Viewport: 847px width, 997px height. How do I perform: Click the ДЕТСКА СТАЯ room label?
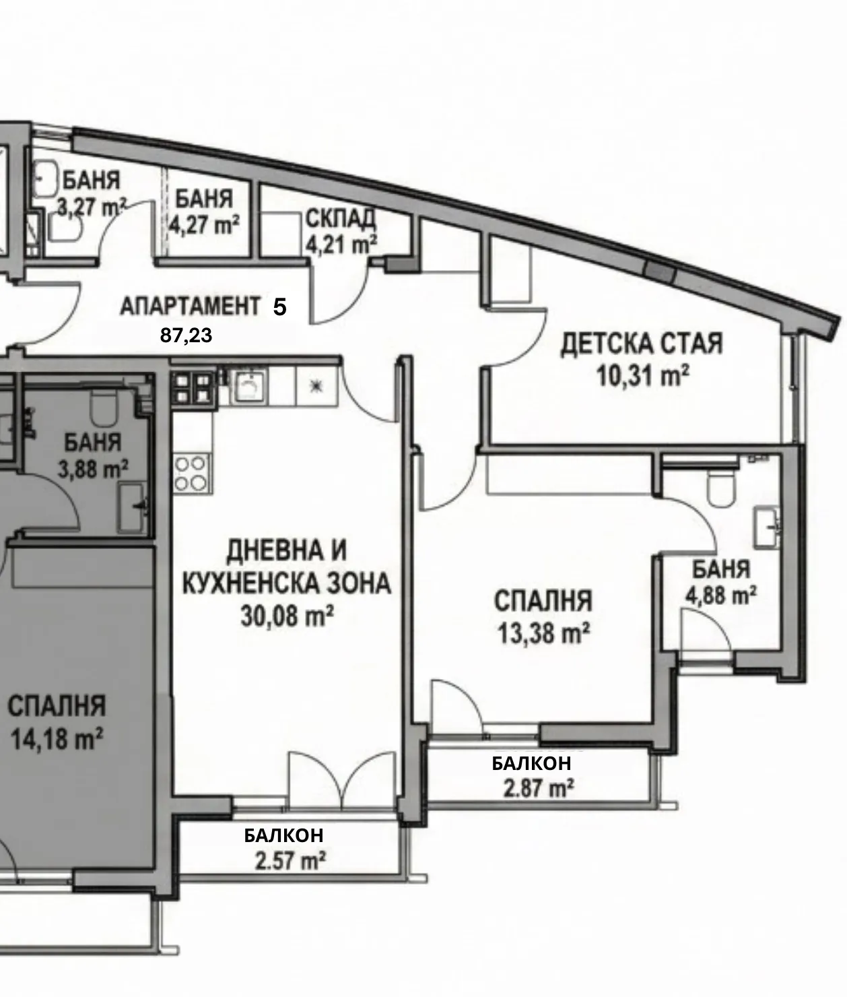pyautogui.click(x=642, y=344)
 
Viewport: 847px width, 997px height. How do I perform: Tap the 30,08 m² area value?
pyautogui.click(x=287, y=616)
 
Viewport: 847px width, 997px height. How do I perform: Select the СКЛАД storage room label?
pyautogui.click(x=340, y=218)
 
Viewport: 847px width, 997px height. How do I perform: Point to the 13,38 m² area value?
pyautogui.click(x=543, y=633)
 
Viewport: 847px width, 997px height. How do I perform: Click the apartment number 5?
pyautogui.click(x=280, y=308)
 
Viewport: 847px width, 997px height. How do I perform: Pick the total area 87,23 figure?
pyautogui.click(x=186, y=335)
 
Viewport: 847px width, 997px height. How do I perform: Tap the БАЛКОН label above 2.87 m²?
pyautogui.click(x=531, y=763)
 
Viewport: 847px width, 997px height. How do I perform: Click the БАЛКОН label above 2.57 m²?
pyautogui.click(x=283, y=835)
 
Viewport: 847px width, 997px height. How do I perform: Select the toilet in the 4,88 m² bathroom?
pyautogui.click(x=722, y=490)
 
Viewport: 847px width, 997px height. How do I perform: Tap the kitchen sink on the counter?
pyautogui.click(x=249, y=387)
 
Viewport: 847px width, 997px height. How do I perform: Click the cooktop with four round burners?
pyautogui.click(x=191, y=474)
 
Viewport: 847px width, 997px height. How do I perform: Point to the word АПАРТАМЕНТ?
pyautogui.click(x=189, y=307)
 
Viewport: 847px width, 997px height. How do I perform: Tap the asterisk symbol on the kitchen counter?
pyautogui.click(x=316, y=386)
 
